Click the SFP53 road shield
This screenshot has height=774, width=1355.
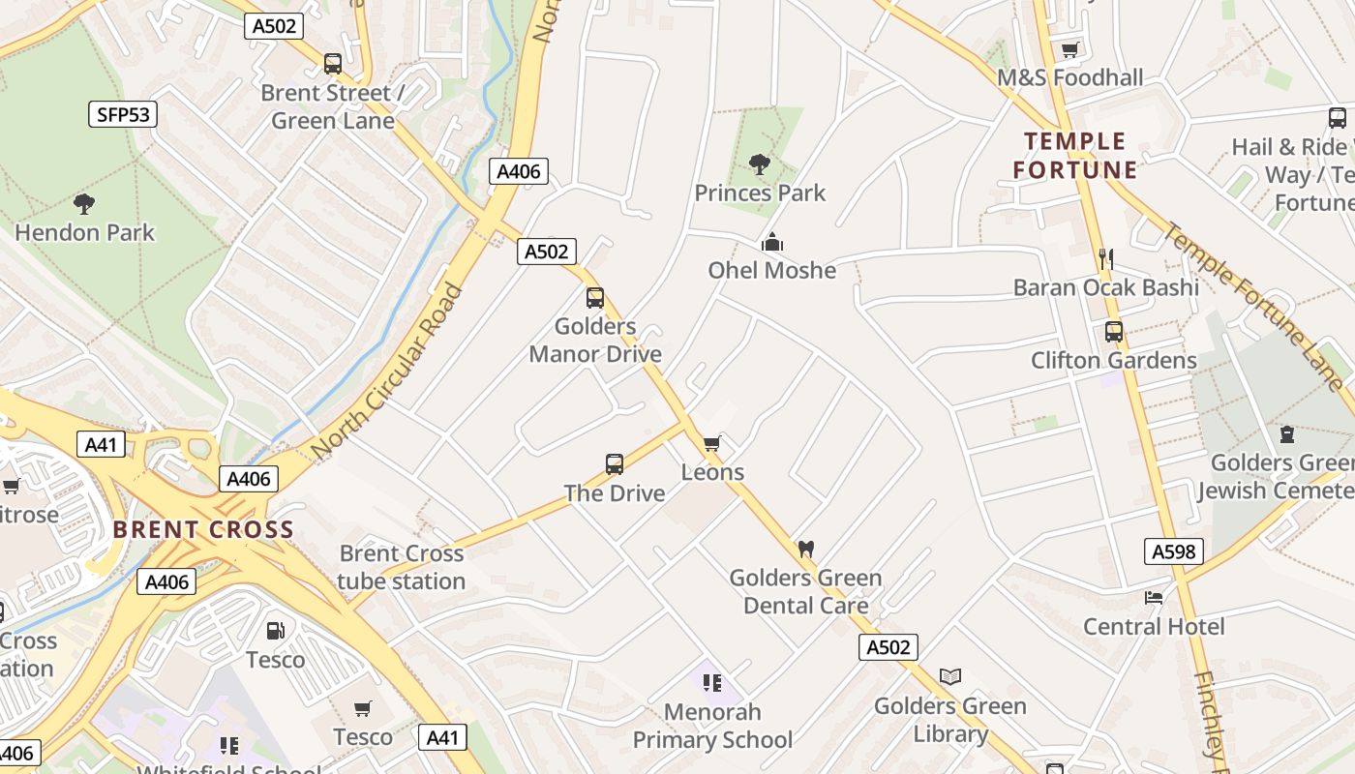124,114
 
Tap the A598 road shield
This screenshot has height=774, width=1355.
1174,551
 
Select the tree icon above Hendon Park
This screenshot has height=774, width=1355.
84,203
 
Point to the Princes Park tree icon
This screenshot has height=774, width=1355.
760,164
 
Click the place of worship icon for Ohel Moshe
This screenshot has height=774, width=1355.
771,242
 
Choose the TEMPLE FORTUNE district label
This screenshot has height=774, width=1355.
1074,156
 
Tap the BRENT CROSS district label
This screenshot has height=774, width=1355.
202,529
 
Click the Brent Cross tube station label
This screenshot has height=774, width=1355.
402,567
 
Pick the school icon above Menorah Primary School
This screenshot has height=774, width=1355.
712,683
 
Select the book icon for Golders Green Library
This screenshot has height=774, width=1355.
950,676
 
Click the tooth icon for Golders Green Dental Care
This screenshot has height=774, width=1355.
805,549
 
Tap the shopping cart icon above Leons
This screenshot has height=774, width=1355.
712,444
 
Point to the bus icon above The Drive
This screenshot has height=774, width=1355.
615,464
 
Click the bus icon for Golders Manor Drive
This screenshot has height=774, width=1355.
595,298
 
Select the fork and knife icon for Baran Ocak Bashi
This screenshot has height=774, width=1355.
1106,258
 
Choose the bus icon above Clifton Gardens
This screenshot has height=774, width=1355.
1114,332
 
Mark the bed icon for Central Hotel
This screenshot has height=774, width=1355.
1154,597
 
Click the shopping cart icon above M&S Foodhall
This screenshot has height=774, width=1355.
1069,49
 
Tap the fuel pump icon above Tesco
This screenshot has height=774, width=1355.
276,631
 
